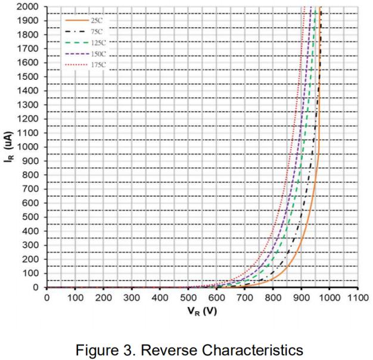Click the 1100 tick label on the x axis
(357, 297)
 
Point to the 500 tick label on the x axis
(188, 297)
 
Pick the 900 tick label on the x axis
(301, 297)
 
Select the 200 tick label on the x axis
(104, 297)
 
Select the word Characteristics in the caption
(255, 347)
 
